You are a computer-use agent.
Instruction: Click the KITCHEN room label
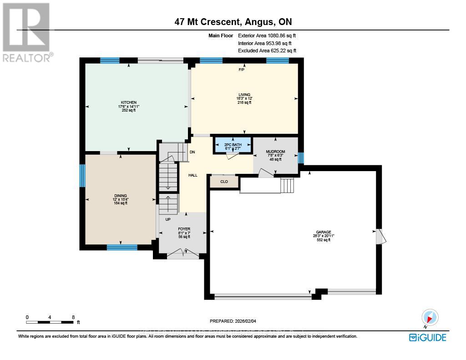click(129, 102)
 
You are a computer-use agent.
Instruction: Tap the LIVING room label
click(244, 95)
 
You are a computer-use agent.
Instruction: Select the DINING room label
click(120, 195)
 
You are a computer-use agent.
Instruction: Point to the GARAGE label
click(324, 232)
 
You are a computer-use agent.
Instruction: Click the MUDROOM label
click(275, 152)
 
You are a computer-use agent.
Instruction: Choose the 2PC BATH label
click(232, 144)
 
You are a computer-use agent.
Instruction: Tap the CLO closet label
click(224, 182)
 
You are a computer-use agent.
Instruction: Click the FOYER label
click(184, 229)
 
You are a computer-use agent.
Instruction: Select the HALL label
click(193, 175)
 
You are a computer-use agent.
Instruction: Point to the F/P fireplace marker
click(241, 70)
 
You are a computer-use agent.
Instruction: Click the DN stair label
click(192, 152)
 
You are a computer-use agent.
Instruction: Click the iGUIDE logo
click(427, 337)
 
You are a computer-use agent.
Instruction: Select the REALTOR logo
click(26, 32)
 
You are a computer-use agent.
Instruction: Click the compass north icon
click(430, 317)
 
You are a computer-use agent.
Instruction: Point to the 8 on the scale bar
click(73, 317)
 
